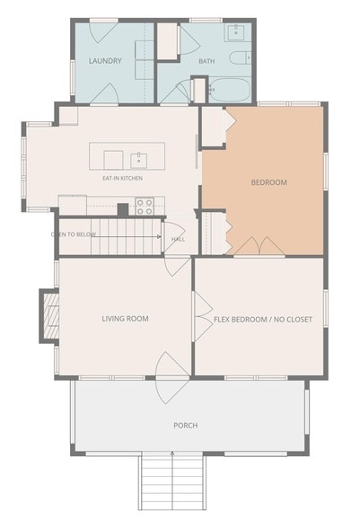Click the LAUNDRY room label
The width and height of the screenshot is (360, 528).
point(105,61)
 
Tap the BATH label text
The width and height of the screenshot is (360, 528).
point(206,61)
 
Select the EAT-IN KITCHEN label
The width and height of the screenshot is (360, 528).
point(123,178)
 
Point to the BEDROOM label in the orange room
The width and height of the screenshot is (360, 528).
point(269,182)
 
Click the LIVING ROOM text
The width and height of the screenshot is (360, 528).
point(126,319)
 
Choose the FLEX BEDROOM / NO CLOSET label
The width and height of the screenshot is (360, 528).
point(263,320)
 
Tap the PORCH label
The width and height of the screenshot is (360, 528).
point(186,426)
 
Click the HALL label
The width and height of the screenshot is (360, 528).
point(178,240)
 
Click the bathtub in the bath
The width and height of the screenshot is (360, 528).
point(230,89)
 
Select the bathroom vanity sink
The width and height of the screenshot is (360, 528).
point(237,32)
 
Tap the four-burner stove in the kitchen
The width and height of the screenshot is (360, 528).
point(145,207)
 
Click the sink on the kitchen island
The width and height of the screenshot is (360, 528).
point(139,160)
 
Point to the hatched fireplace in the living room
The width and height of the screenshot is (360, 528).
point(50,315)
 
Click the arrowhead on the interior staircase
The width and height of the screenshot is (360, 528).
point(159,237)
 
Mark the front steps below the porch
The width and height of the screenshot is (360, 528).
point(172,481)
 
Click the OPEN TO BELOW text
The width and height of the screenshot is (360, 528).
point(74,234)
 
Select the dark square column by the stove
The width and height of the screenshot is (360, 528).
point(123,209)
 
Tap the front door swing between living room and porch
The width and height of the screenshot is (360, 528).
point(172,378)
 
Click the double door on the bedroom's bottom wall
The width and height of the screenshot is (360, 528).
point(259,246)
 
